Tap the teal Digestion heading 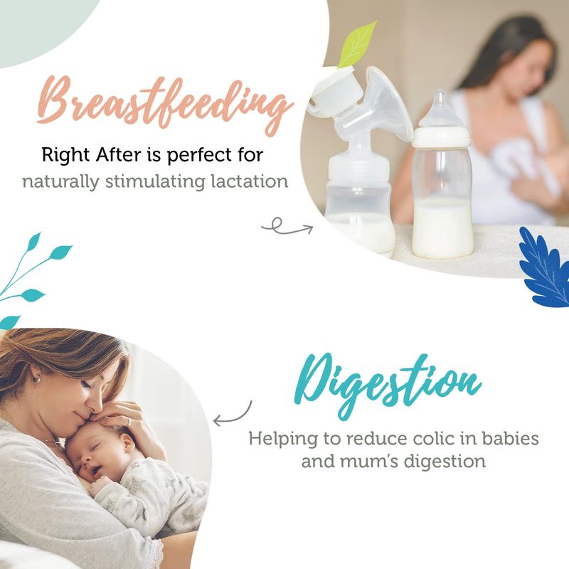(x=388, y=386)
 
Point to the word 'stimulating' (x=155, y=182)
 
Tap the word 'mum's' (x=368, y=461)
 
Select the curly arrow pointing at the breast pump (x=287, y=227)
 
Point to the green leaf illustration (x=358, y=45)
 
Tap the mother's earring (x=37, y=378)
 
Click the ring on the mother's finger (x=129, y=421)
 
